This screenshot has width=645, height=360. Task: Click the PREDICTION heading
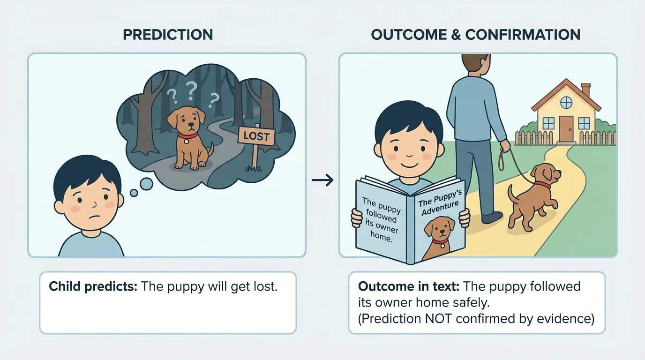coord(167,34)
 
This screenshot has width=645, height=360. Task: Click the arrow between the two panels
coord(322,180)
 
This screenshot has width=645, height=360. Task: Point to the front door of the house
coord(567,128)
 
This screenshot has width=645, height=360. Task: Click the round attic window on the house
coord(566,102)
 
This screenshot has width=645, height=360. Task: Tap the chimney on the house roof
coord(585,90)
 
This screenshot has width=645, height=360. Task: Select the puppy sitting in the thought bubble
coord(188,136)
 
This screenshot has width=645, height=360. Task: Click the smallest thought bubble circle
coord(134,193)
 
